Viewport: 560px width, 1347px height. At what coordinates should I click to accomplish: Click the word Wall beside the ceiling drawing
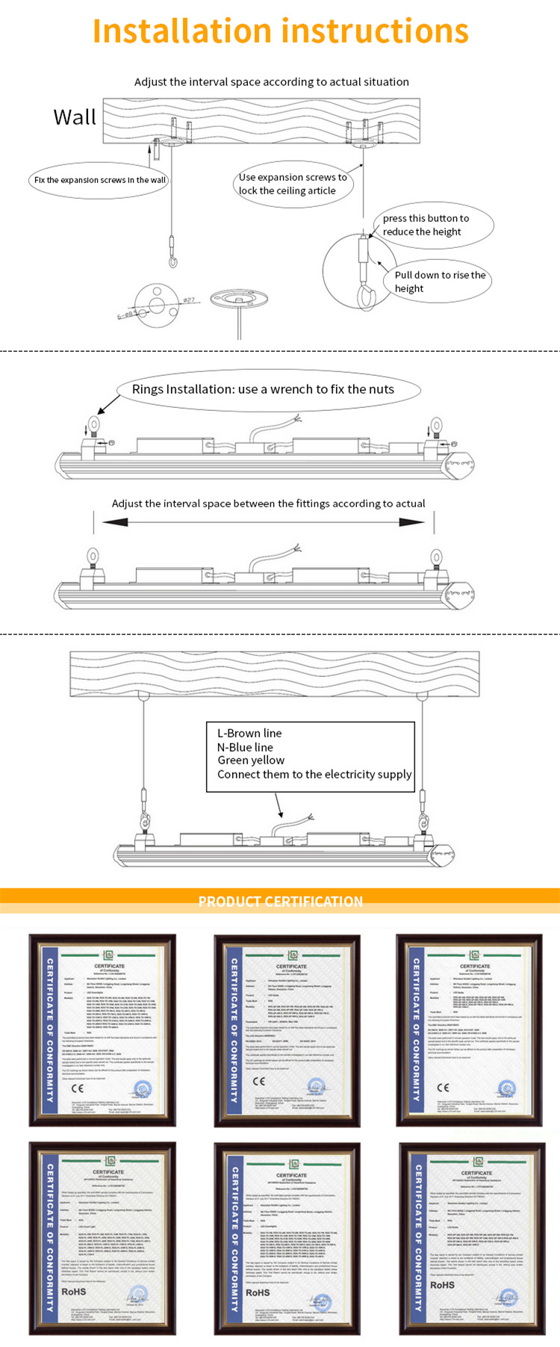click(x=75, y=117)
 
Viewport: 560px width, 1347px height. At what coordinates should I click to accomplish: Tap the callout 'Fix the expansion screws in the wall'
click(x=99, y=180)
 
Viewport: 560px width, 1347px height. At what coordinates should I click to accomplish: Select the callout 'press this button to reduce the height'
click(x=432, y=225)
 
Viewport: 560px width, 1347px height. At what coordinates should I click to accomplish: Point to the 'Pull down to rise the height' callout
click(x=439, y=282)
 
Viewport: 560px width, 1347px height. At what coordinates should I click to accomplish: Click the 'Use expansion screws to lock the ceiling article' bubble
click(x=292, y=185)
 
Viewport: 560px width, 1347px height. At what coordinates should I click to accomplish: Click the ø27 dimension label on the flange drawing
click(x=189, y=300)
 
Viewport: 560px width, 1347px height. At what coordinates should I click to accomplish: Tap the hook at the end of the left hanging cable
click(x=173, y=258)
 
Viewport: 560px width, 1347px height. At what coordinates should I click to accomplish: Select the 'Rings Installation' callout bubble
click(x=263, y=389)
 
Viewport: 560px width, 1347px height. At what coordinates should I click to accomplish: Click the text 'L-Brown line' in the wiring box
click(x=249, y=733)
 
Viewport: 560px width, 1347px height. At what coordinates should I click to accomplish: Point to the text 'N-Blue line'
click(x=245, y=747)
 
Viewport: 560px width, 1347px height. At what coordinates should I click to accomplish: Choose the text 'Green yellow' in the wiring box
click(x=251, y=761)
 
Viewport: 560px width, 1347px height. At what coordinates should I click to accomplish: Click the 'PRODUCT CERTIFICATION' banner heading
click(x=280, y=901)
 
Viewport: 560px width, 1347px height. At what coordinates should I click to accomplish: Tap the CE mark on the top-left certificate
click(x=77, y=1087)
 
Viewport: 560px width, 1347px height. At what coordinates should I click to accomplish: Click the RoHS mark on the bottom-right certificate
click(x=442, y=1285)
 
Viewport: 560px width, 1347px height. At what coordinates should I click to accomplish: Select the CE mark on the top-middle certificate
click(x=259, y=1080)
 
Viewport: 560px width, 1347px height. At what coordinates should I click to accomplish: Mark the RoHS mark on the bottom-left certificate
click(x=74, y=1292)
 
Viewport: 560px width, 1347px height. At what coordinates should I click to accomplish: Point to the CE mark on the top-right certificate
click(x=443, y=1087)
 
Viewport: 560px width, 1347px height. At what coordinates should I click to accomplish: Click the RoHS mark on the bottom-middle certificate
click(x=258, y=1292)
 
